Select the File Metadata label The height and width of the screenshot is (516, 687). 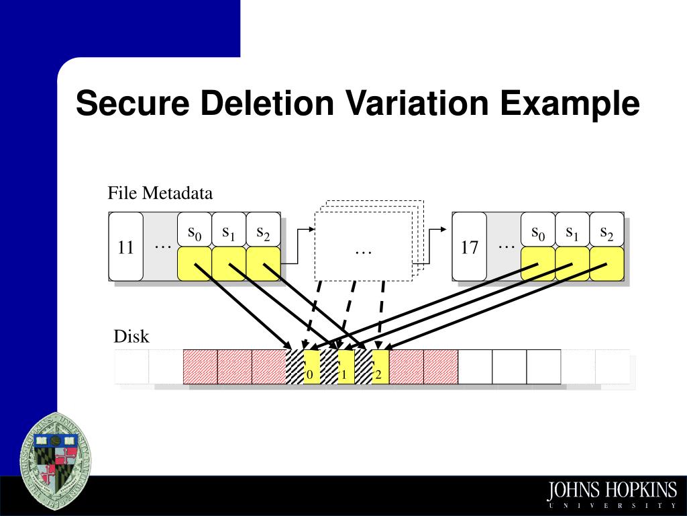pos(160,193)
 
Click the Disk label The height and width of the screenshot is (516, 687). pos(131,337)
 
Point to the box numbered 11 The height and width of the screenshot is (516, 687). pos(126,247)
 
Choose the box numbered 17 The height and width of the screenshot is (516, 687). pos(470,247)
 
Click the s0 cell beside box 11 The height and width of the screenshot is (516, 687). pos(195,232)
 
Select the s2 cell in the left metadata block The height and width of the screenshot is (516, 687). pos(263,232)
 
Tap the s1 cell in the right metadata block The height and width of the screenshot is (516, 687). pos(572,232)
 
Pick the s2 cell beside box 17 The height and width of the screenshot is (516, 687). pos(606,232)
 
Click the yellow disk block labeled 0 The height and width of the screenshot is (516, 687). pos(311,368)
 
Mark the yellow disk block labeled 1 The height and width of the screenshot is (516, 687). pos(346,368)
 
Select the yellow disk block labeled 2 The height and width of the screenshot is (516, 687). pos(380,368)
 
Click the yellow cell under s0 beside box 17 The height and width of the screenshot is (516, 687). pos(538,263)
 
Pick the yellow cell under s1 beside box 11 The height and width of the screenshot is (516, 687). pos(229,263)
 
